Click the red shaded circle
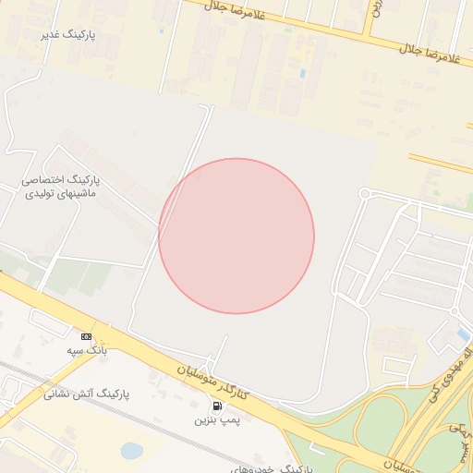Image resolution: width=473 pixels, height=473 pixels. click(x=236, y=236)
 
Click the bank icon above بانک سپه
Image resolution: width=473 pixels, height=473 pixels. click(x=87, y=336)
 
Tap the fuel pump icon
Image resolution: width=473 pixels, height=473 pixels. click(x=217, y=406)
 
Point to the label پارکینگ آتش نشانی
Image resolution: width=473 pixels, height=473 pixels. click(x=87, y=394)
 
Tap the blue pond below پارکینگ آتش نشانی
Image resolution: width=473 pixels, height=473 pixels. click(x=132, y=451)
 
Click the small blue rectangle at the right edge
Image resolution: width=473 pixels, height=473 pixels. click(x=462, y=334)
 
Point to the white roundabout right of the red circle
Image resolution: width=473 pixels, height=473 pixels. click(x=365, y=193)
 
